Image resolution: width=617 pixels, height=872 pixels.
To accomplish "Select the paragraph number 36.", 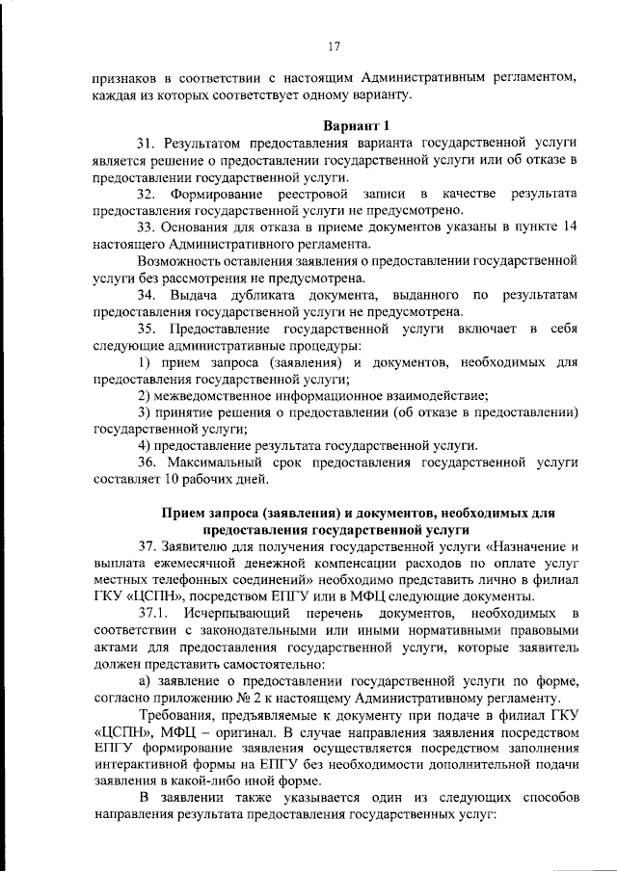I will (x=147, y=462).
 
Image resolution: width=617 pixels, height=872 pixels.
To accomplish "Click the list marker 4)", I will (x=144, y=445).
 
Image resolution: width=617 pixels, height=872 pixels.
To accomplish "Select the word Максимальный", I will (x=217, y=462).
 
